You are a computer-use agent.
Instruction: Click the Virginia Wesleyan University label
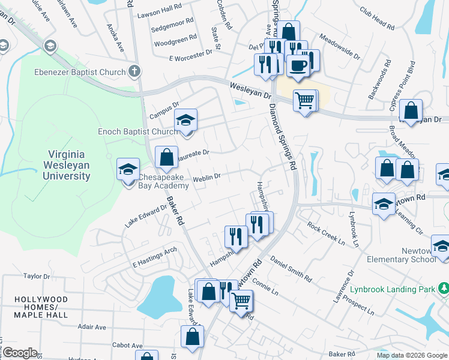(x=66, y=165)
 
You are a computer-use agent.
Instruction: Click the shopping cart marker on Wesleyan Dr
(x=305, y=100)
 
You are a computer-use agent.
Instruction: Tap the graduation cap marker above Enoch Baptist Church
(x=186, y=121)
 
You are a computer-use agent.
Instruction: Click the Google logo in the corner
(x=20, y=353)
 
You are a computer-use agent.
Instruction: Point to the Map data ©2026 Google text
(x=411, y=355)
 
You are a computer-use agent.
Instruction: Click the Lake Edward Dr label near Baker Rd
(x=146, y=215)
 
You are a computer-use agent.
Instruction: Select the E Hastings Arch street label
(x=155, y=256)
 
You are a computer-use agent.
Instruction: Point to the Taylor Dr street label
(x=35, y=276)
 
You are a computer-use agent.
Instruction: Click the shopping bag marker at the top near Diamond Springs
(x=289, y=32)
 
